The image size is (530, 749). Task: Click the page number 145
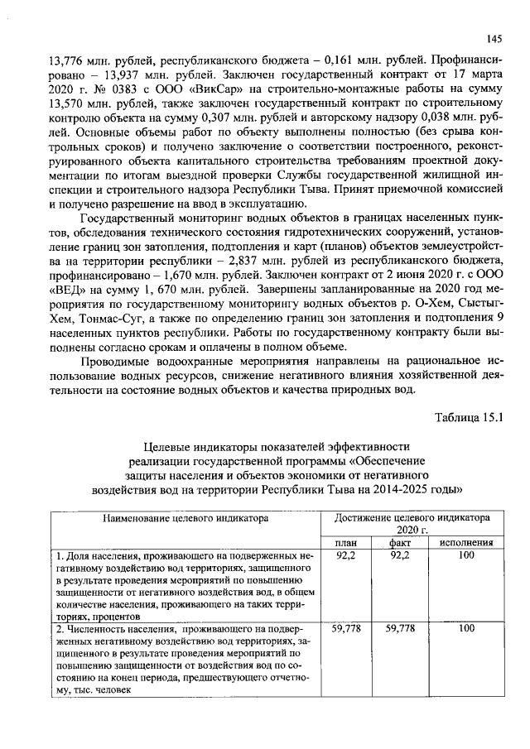[495, 38]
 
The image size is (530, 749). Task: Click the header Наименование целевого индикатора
[186, 518]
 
